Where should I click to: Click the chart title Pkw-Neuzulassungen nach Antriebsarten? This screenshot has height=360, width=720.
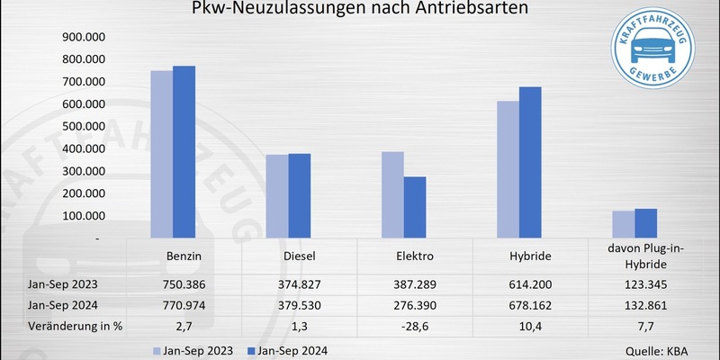[x=359, y=10]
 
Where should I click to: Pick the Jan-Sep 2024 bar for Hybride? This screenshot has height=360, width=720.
[x=530, y=163]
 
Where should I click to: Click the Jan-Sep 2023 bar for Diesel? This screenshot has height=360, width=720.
[x=277, y=196]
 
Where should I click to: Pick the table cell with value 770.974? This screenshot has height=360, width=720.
[x=184, y=304]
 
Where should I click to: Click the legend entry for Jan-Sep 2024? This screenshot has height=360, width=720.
[x=293, y=350]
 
